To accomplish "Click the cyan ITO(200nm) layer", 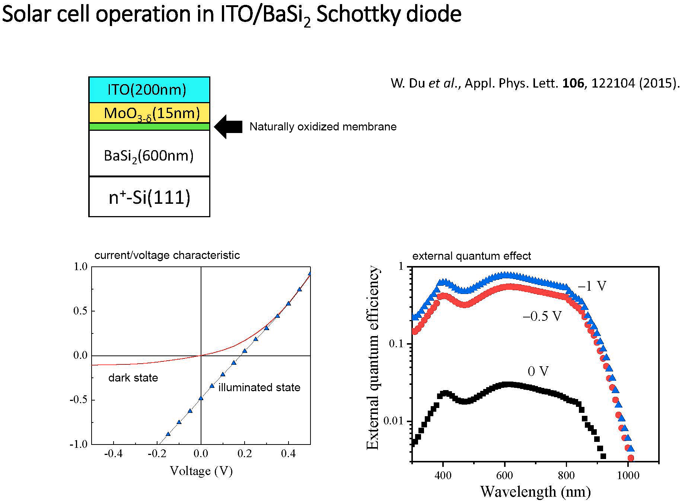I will (149, 90).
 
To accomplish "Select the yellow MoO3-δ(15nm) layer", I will (149, 113).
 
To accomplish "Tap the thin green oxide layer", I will (149, 127).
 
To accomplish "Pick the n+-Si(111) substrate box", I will (149, 197).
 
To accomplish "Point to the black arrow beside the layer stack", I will (228, 127).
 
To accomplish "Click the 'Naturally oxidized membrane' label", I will (323, 127).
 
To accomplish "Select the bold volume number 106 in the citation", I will (573, 83).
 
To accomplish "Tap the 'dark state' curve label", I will (133, 378).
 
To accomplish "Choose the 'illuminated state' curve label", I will (259, 387).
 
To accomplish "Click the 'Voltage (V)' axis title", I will (201, 471).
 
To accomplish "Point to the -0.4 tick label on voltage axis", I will (113, 453).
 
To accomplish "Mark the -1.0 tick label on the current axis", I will (78, 444).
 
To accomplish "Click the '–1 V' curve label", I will (592, 286).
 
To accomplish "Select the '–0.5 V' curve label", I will (542, 316).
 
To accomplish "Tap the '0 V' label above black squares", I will (538, 371).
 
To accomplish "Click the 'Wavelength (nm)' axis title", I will (535, 491).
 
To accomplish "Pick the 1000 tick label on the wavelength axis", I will (628, 475).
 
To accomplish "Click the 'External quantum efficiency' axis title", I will (373, 358).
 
